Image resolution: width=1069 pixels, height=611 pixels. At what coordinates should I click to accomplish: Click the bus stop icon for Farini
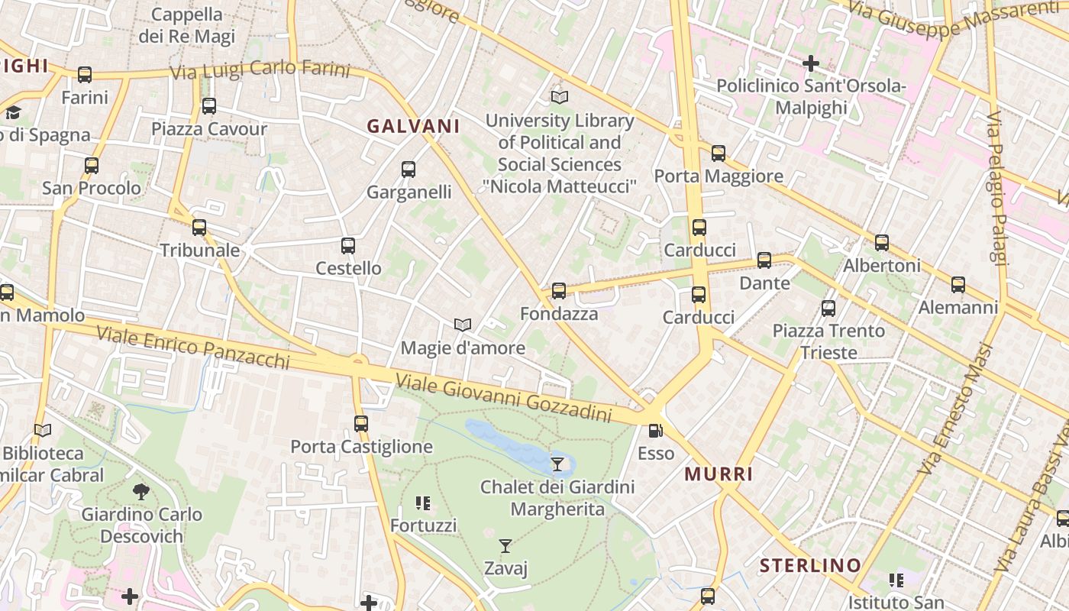coord(85,75)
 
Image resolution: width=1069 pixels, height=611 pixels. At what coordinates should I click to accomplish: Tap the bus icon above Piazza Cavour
coord(208,106)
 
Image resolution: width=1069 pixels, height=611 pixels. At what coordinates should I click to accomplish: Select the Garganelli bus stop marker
coord(409,170)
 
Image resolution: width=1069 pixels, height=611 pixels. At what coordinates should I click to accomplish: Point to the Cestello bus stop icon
coord(348,246)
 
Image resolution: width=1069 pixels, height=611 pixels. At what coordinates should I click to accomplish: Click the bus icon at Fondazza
coord(559,291)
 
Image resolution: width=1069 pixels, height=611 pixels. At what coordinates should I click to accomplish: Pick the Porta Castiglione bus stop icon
coord(361,423)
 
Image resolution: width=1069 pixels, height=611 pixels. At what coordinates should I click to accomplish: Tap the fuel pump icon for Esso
coord(655,431)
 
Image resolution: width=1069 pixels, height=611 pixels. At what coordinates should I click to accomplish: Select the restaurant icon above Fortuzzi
coord(422,503)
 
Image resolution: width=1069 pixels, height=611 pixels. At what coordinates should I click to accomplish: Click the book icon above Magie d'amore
coord(463,325)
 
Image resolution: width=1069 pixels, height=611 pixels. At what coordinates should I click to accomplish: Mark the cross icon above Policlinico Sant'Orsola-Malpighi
coord(811,63)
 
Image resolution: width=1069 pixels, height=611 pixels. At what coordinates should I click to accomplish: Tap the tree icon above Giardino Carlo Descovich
coord(141,491)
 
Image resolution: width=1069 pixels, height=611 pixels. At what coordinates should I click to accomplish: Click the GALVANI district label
coord(413,127)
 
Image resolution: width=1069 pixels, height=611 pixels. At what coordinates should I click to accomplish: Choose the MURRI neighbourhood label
coord(719,474)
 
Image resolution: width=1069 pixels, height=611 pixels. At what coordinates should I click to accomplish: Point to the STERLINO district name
coord(810,566)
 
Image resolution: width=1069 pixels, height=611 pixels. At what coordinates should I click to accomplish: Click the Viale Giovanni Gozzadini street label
coord(504,398)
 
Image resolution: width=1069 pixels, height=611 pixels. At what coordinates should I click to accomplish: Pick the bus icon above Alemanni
coord(958,285)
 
